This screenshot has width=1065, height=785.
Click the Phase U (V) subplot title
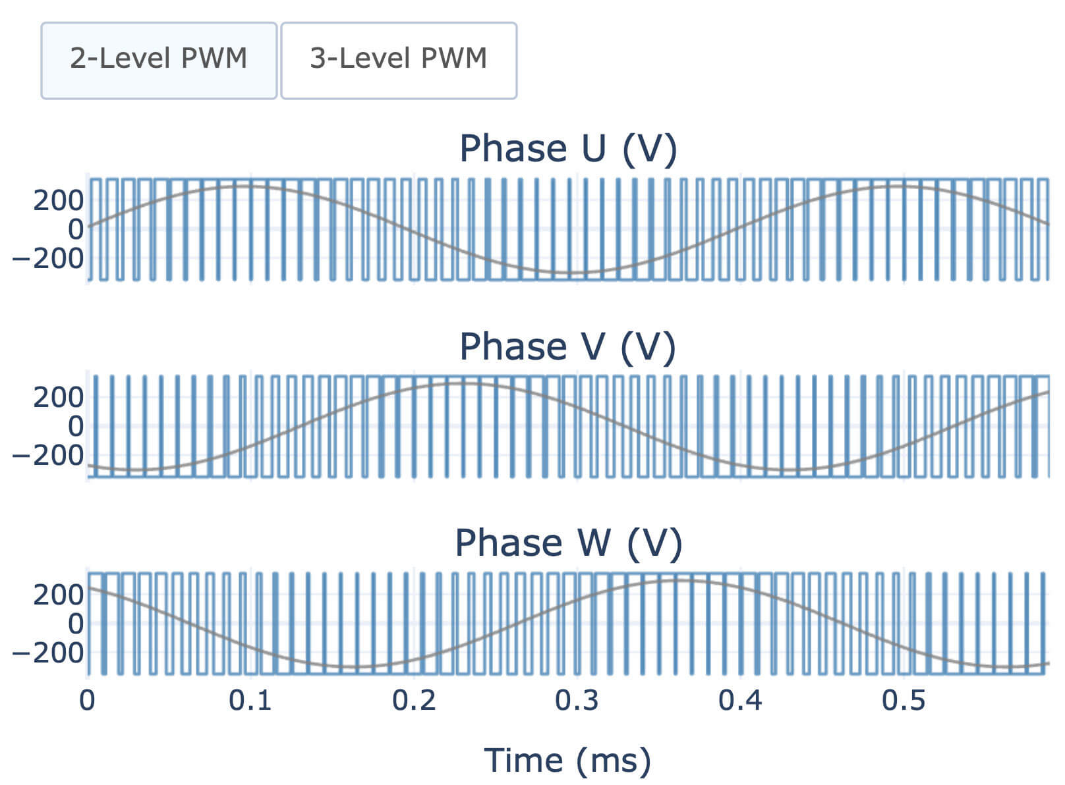pos(568,149)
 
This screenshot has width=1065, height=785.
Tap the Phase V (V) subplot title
pos(568,346)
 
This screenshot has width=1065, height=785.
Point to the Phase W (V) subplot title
pos(568,543)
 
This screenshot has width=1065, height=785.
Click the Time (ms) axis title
pos(567,760)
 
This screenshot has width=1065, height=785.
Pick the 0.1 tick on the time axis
pos(250,701)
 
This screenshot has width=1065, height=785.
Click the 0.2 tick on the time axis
pos(414,701)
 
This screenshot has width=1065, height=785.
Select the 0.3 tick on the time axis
pos(577,701)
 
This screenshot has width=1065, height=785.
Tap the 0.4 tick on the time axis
pos(740,701)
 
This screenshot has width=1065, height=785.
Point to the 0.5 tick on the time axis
pos(904,701)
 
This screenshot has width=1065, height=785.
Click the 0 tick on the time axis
pos(87,701)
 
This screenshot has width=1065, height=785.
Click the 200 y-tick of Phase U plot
pos(59,200)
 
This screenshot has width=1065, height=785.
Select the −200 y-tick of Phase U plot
pos(49,258)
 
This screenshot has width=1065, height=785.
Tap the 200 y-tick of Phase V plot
pos(59,397)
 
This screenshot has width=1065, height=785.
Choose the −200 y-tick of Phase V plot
pos(49,455)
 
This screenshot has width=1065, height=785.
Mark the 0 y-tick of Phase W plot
pos(76,623)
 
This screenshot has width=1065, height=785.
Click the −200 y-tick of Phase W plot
pos(49,653)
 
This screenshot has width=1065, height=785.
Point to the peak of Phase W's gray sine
pos(679,580)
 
